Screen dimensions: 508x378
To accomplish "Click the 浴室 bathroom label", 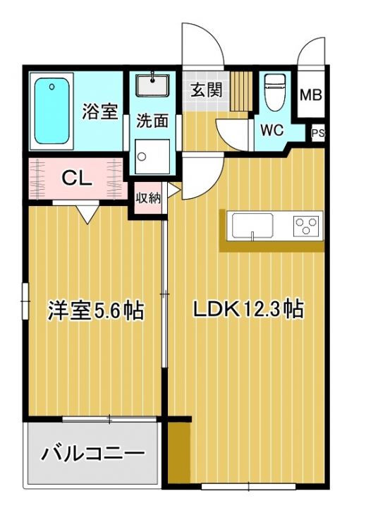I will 99,111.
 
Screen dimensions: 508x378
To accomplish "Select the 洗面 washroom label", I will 152,121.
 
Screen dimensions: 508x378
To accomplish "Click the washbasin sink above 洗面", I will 152,86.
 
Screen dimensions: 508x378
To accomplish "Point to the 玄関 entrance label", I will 206,90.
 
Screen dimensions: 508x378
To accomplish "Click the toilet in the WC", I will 273,93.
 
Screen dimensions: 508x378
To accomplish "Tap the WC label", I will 272,130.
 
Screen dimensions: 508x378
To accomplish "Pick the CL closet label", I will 76,178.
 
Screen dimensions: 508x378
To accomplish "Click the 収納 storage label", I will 149,198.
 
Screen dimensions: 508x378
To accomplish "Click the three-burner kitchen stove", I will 306,226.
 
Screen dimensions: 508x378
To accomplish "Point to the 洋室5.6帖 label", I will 96,310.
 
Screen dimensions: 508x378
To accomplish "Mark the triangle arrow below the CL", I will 88,211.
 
